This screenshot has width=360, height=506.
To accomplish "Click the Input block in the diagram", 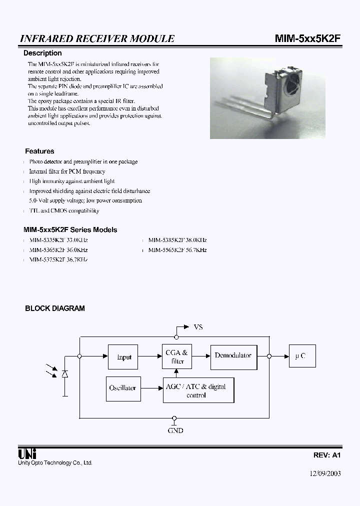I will (x=123, y=356).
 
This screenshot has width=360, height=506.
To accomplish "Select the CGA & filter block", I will (x=176, y=356).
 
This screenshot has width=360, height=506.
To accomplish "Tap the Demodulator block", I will (x=233, y=355).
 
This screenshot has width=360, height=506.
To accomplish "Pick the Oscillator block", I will (x=122, y=388).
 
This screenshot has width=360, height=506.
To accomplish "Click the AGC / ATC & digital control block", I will (x=198, y=390).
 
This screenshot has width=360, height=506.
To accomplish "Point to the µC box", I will (x=302, y=356).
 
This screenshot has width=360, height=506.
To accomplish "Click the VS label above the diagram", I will (x=198, y=327).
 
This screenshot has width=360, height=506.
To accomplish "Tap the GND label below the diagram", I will (x=175, y=430).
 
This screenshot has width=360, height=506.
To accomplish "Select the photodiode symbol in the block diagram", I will (x=64, y=374).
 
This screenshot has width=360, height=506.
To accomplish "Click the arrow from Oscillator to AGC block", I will (x=150, y=388).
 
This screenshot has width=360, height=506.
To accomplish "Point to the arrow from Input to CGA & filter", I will (x=150, y=356).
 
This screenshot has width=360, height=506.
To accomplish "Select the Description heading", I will (x=43, y=53).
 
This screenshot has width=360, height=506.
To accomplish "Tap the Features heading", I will (x=39, y=151).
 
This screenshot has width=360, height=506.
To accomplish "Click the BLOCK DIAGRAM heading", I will (x=55, y=308).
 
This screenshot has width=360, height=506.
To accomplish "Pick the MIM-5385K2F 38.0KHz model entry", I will (x=177, y=240).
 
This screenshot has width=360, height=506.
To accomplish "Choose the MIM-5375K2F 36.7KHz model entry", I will (x=58, y=260).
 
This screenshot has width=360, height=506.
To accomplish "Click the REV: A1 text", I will (x=327, y=455).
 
